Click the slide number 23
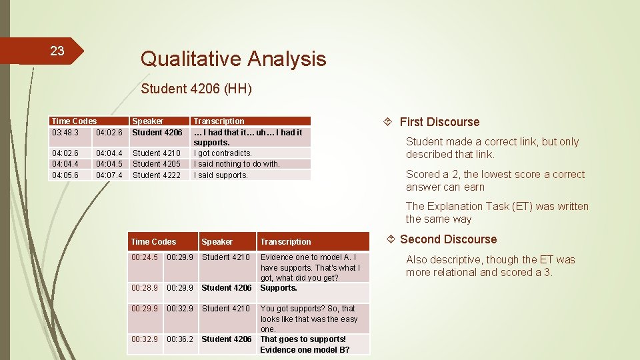click(57, 51)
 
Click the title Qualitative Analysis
click(233, 59)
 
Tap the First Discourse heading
click(439, 122)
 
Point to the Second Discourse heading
click(448, 239)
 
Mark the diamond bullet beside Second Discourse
click(390, 239)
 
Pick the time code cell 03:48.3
click(65, 133)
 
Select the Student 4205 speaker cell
click(157, 164)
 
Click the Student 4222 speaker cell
click(157, 175)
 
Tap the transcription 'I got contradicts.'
click(223, 153)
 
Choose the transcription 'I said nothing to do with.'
click(237, 164)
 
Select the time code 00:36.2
click(179, 339)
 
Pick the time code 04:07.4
click(109, 175)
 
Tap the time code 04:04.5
click(109, 164)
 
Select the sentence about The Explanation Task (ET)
click(497, 213)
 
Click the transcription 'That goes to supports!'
click(303, 339)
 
